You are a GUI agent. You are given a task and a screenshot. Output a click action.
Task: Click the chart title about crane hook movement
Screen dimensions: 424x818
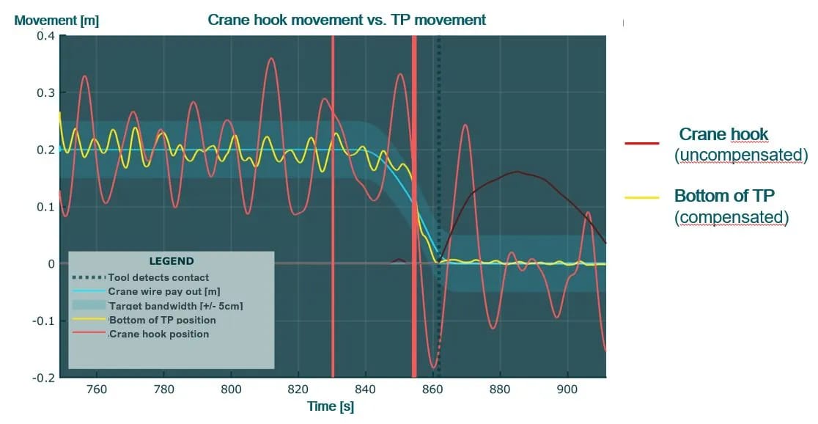(347, 20)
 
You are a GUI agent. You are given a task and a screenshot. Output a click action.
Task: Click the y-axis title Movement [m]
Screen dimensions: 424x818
(56, 21)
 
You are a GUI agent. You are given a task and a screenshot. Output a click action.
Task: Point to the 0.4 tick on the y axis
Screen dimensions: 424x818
(45, 36)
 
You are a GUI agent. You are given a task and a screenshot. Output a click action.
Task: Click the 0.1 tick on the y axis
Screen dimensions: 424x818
(45, 207)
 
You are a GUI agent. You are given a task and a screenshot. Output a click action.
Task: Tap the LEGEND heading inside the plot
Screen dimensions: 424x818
(172, 260)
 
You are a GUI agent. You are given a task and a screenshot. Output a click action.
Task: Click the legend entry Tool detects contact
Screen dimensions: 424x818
(158, 277)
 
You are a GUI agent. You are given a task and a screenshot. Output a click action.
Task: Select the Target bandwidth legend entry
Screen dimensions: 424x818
(166, 305)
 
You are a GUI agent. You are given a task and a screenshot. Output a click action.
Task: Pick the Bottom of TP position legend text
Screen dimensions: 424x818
(163, 320)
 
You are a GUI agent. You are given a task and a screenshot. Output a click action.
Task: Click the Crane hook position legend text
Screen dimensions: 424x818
(159, 334)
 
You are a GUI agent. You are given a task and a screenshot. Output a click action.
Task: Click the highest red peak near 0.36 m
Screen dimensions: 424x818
(272, 58)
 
